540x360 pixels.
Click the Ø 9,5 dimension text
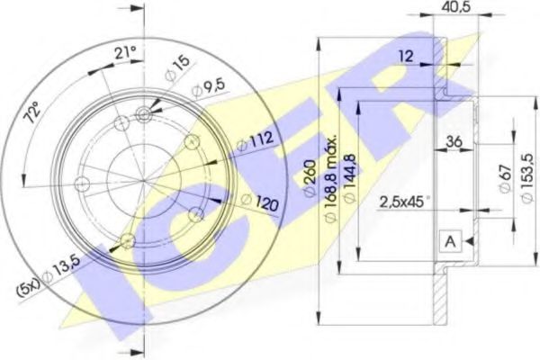[209, 88]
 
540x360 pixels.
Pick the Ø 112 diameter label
[255, 141]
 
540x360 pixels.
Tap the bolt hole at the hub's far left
[82, 184]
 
